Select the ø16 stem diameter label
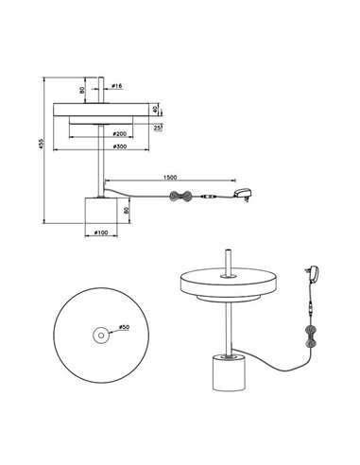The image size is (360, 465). click(117, 87)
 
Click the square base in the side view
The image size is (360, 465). click(100, 210)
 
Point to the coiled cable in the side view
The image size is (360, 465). click(180, 197)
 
